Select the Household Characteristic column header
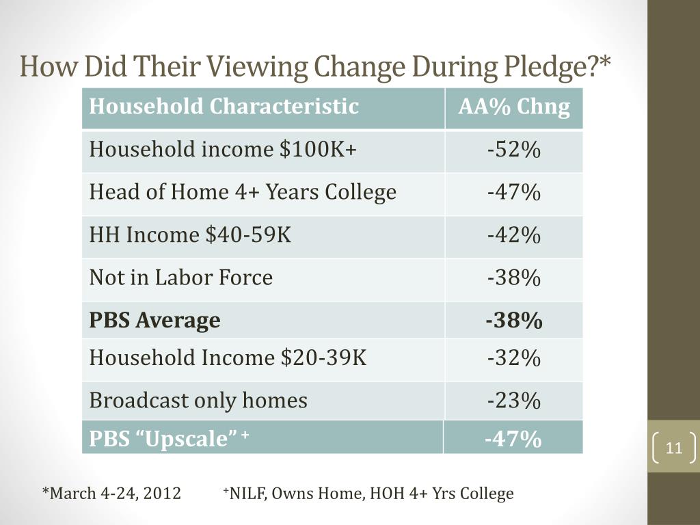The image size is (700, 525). pos(224,107)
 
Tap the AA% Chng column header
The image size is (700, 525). pos(514,107)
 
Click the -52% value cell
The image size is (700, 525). pos(514,150)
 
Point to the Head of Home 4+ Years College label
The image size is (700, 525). pos(243,193)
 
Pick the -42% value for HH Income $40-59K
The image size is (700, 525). pos(514,236)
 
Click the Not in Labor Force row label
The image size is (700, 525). pos(181,278)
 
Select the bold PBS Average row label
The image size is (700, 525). pos(155,320)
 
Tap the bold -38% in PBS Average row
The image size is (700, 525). pos(514,320)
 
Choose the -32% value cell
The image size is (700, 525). pos(514,358)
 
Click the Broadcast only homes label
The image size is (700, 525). pos(198,401)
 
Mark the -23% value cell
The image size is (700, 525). pos(514,401)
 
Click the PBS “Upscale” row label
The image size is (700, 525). pos(168,438)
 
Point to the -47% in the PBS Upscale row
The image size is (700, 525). pos(513,438)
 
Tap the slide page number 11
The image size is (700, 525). pos(674,448)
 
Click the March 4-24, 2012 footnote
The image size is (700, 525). pos(113,494)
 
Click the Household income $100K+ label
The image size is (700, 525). pos(224,150)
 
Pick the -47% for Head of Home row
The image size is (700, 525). pos(514,193)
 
